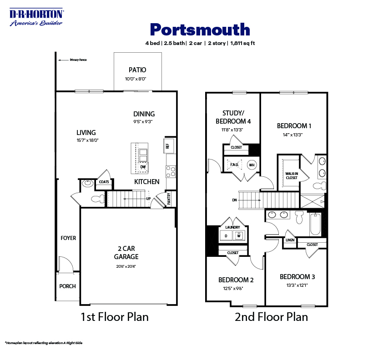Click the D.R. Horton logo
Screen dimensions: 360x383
tap(36, 17)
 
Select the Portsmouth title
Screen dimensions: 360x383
tap(200, 29)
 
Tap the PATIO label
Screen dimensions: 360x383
tap(137, 70)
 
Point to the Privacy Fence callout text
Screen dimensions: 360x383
tap(78, 60)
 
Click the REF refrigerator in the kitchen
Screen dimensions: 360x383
tap(167, 146)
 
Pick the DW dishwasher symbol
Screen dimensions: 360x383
tap(143, 167)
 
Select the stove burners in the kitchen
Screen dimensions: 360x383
tap(171, 171)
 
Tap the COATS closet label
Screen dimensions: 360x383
tap(103, 182)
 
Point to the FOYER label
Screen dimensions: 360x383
tap(68, 238)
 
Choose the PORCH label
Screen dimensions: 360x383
tap(68, 286)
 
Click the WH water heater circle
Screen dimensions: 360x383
tap(252, 165)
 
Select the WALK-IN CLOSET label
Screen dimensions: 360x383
tap(291, 175)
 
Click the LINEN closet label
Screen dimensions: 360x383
tap(290, 240)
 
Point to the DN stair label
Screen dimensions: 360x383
tap(234, 200)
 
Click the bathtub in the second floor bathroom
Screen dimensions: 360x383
tap(315, 225)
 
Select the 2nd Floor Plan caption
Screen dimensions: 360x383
tap(271, 317)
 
